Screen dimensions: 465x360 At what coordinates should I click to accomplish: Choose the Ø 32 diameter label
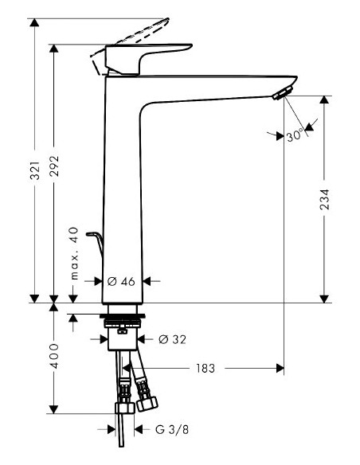172,339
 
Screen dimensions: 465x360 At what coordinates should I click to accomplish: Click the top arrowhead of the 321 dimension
35,22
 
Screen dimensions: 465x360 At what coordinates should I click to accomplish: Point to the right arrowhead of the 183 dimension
279,369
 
